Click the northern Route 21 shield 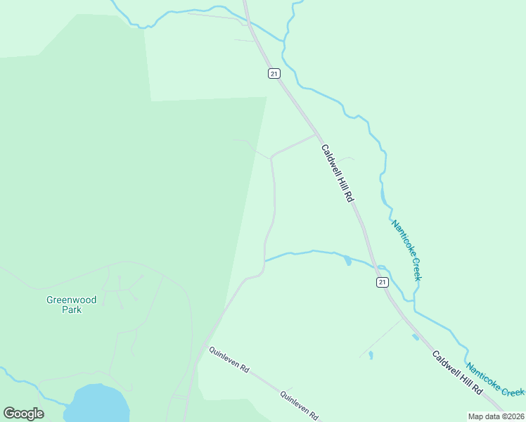tap(274, 73)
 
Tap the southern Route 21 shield tap(381, 282)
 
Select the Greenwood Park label tap(72, 305)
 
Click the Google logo tap(23, 414)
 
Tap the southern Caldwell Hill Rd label tap(458, 372)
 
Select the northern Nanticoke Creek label tap(406, 250)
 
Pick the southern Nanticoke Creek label tap(496, 380)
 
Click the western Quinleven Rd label tap(229, 359)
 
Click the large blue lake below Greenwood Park tap(98, 404)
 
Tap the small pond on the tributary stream tap(347, 262)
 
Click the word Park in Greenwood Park tap(72, 309)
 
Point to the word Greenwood tap(72, 300)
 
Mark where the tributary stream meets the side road tap(264, 261)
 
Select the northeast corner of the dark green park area tap(267, 98)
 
